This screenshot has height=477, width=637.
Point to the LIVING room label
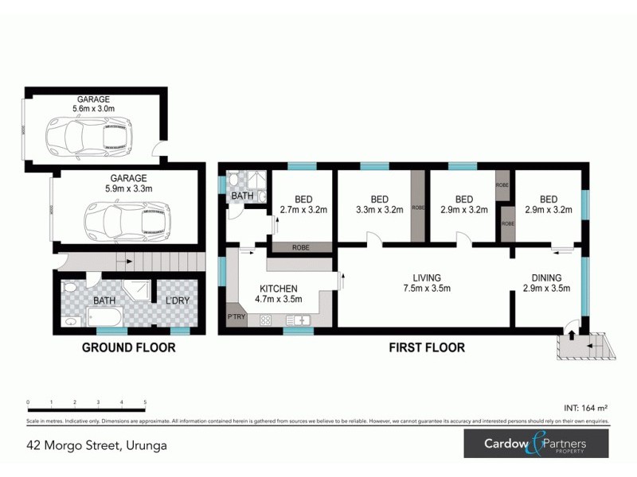426,277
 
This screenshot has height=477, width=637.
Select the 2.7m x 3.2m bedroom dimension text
303,211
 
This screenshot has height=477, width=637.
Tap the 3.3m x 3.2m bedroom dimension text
379,211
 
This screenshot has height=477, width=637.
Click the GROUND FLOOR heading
129,347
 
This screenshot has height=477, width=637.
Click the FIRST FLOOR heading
426,347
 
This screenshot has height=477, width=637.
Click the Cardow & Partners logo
537,444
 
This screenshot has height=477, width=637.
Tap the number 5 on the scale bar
145,403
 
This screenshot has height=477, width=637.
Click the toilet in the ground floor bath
69,288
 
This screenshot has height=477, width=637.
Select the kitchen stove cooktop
266,320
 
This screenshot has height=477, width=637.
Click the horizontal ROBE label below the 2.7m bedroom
301,247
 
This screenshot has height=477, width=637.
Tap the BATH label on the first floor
241,196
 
